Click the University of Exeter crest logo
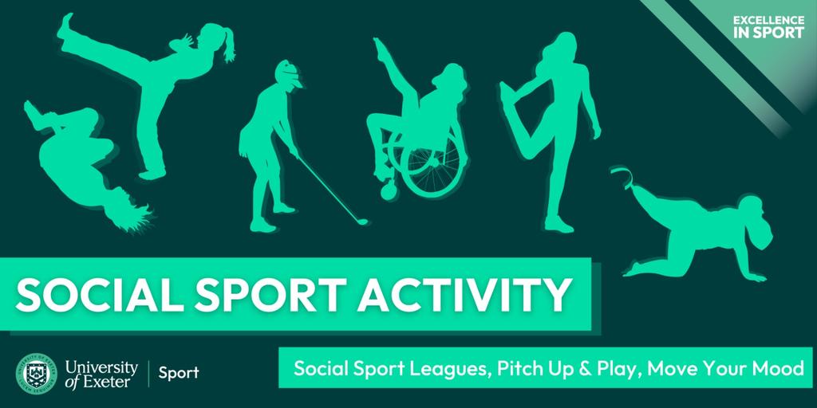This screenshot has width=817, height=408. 36,373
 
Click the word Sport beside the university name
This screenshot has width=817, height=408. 179,373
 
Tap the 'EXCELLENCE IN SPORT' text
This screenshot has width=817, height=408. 768,26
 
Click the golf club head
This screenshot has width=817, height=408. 361,222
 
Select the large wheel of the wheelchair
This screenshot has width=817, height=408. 432,167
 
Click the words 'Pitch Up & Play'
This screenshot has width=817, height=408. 569,369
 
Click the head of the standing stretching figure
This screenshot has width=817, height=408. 559,48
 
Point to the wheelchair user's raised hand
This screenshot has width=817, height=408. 377,45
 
